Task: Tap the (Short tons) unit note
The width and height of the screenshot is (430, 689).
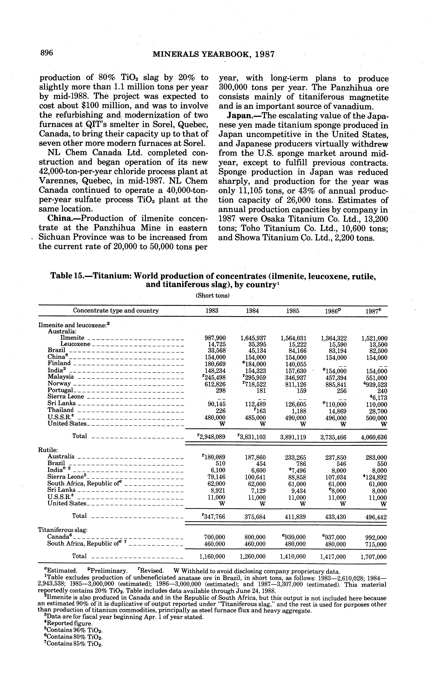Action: (212, 295)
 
